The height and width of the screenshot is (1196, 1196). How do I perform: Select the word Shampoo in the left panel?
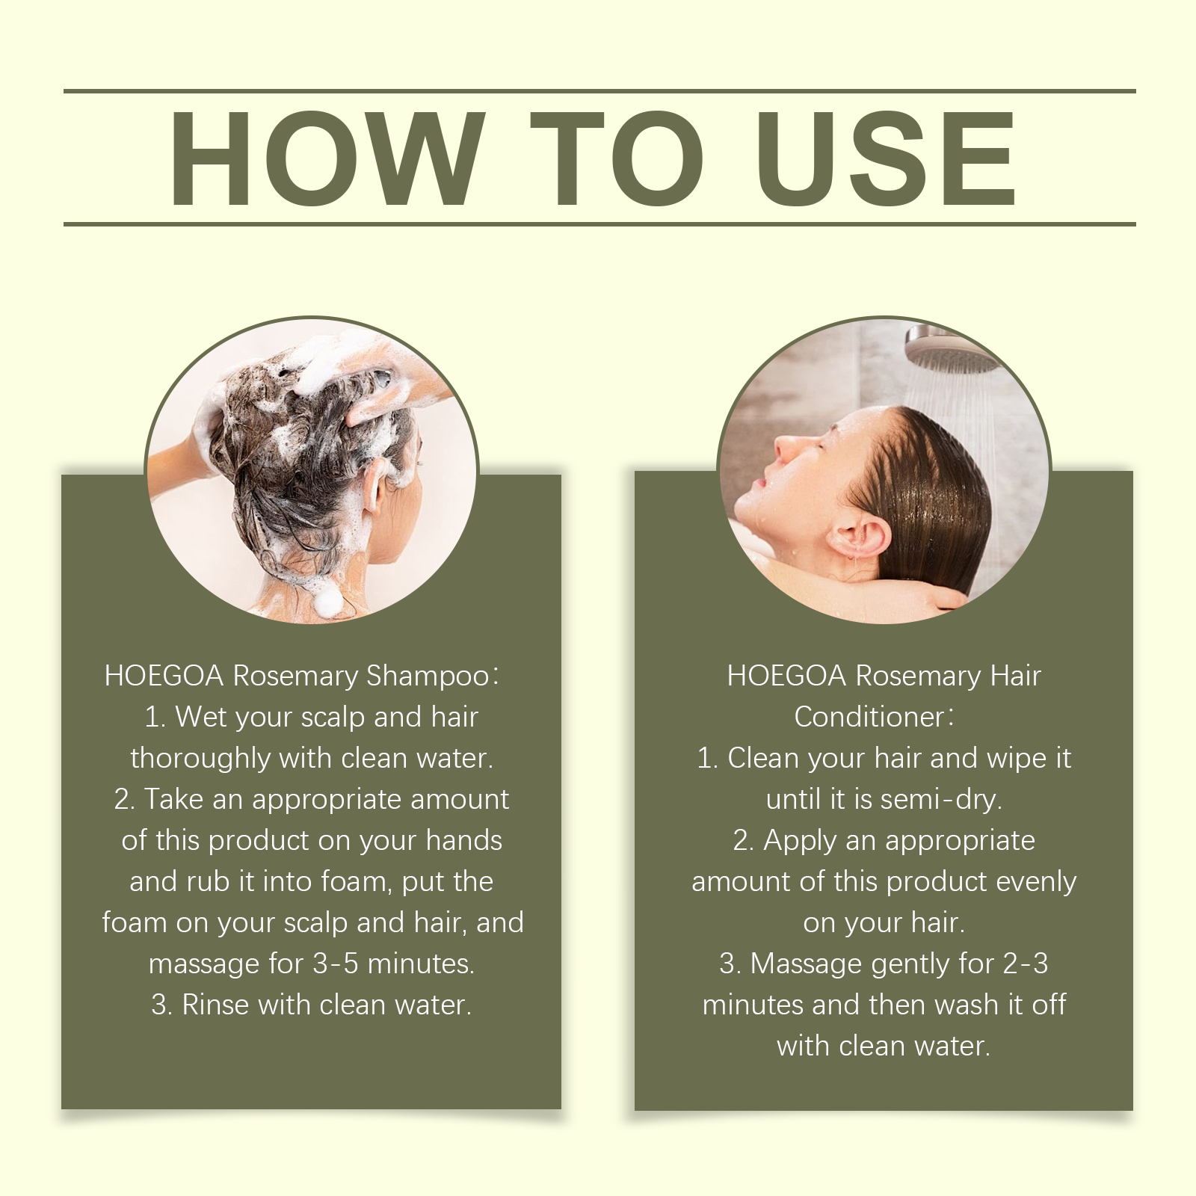(x=428, y=676)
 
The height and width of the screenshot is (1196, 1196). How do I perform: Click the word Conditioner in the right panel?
(x=869, y=717)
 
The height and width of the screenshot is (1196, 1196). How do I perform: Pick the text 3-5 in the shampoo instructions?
(x=336, y=964)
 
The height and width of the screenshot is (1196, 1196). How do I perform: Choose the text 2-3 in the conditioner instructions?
(x=1026, y=964)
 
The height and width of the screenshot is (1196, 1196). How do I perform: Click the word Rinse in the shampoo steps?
(x=215, y=1005)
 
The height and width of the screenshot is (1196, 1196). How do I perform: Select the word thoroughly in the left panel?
(x=200, y=759)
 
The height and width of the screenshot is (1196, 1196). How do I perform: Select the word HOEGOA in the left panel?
(x=164, y=676)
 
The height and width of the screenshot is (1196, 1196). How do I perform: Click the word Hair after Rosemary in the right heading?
(x=1015, y=676)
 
